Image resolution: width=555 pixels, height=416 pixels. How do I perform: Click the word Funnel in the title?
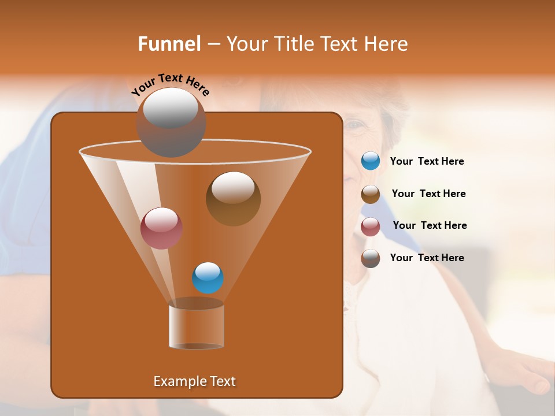[169, 44]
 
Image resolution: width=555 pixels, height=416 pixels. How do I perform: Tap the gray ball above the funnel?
[171, 121]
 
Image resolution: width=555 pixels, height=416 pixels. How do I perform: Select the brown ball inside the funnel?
[233, 198]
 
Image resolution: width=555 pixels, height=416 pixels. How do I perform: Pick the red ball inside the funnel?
[162, 228]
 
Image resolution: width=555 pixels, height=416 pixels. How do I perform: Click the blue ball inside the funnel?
[208, 278]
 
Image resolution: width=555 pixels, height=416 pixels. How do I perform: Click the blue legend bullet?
[371, 161]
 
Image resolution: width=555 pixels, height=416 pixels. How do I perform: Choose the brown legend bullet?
[371, 194]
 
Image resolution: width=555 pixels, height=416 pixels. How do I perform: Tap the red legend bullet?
[371, 226]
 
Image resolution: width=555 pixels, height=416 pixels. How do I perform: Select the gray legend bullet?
[371, 258]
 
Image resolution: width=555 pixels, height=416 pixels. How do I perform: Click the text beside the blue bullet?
[427, 162]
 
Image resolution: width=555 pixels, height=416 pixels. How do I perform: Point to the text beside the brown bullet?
[428, 194]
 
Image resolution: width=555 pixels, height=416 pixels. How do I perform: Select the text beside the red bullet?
[430, 225]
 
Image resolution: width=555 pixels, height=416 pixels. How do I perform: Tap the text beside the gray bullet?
[427, 258]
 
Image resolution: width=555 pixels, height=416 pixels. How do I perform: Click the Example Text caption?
[194, 381]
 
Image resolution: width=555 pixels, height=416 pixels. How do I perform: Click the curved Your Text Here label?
[171, 84]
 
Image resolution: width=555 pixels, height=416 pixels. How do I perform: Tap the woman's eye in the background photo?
[357, 125]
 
